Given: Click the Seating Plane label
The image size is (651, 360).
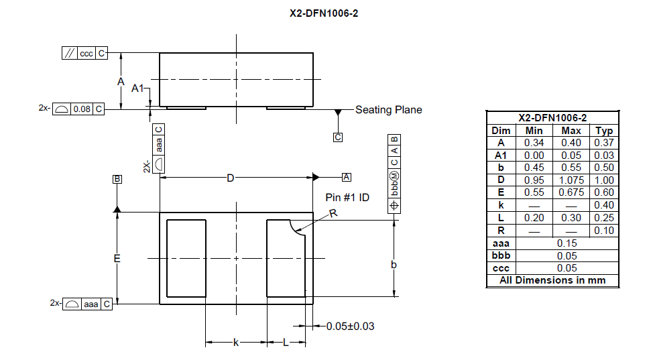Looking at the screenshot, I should (x=388, y=110).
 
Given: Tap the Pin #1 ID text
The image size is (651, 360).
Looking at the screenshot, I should (x=347, y=198).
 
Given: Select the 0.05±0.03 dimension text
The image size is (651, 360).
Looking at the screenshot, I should (x=350, y=326).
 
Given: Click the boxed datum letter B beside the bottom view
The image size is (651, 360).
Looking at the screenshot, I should (x=117, y=179).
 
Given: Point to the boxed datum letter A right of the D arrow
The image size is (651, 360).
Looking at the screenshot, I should (x=346, y=177).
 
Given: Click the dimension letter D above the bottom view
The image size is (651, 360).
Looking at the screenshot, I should (x=230, y=178).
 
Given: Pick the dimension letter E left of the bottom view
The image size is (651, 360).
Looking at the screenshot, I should (x=117, y=258).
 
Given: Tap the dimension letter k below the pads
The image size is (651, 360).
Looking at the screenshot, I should (x=235, y=343).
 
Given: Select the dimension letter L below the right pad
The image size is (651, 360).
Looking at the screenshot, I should (x=285, y=343).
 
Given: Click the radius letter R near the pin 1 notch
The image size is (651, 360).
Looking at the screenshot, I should (x=333, y=213).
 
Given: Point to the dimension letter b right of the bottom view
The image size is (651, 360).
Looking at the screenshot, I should (x=394, y=265).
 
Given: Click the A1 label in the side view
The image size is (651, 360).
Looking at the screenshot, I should (x=138, y=88).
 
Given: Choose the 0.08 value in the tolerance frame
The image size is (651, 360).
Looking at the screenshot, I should (x=82, y=109).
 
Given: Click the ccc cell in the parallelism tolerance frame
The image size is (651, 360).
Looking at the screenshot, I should (x=86, y=54).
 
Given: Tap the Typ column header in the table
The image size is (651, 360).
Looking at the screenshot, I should (x=604, y=131).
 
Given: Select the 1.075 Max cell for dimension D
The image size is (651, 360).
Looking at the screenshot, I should (x=571, y=180).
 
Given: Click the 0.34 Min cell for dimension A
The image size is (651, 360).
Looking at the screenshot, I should (x=534, y=143).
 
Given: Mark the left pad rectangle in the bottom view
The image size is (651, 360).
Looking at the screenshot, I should (x=186, y=258).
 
